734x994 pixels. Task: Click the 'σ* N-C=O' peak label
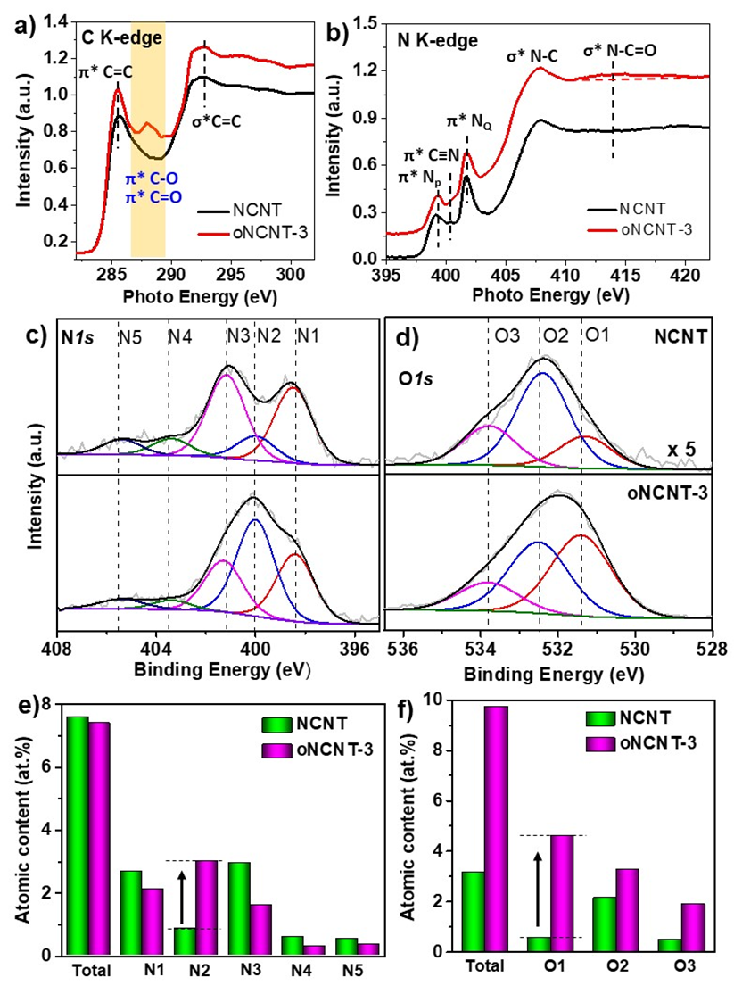click(621, 51)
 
